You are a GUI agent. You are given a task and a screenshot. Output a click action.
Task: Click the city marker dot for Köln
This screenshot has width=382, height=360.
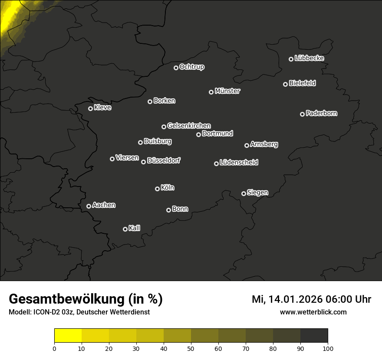coord(157,189)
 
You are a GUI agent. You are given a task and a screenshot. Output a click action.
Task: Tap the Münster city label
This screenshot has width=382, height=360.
coord(227,91)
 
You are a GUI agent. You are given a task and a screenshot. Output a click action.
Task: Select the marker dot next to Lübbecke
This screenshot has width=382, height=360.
coord(291,59)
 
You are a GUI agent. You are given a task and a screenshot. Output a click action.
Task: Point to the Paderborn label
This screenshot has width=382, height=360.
coord(322,113)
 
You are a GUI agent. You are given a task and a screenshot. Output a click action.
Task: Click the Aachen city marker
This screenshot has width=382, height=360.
coord(89,206)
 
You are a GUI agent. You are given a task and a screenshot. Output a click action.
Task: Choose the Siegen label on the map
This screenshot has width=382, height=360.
coord(257,193)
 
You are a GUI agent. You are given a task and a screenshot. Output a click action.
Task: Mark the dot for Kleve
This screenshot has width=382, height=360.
coord(90,108)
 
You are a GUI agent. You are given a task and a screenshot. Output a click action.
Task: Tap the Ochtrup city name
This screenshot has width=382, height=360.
coord(192,67)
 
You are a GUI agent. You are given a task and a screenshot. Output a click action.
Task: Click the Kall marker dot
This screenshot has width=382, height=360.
coord(125,229)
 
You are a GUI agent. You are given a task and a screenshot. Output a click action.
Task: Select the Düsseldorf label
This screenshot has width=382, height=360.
coord(164,160)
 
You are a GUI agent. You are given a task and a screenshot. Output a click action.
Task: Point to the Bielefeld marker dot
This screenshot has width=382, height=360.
coord(285,84)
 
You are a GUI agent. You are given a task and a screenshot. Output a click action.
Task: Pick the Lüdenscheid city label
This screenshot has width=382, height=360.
coord(239,163)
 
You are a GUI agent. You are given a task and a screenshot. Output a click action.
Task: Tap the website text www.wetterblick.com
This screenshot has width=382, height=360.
coord(313,312)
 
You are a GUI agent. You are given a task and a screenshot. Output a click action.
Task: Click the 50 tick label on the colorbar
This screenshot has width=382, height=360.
coord(191,348)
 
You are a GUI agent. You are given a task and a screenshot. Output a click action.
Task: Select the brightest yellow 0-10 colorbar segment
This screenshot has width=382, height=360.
coord(68,336)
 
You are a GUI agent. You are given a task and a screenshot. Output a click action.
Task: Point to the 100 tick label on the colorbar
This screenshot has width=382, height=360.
coord(328,348)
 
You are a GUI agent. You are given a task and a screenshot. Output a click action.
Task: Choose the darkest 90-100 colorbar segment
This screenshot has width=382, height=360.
coord(314,336)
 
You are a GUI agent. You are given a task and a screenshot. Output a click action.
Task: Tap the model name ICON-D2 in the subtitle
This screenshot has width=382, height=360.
coord(46,312)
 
